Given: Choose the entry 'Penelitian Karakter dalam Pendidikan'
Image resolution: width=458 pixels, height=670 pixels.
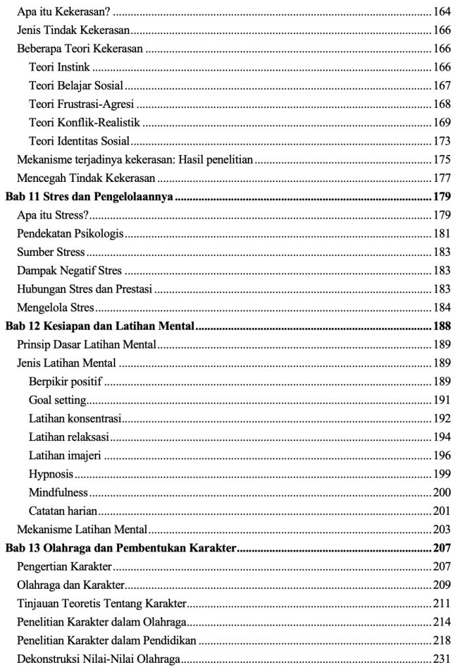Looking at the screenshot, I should point(97,639).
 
